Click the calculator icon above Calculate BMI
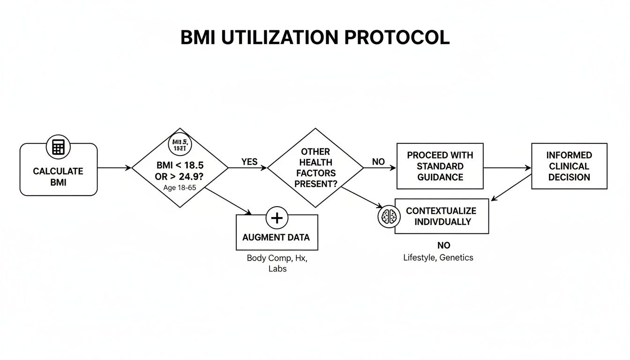tap(58, 147)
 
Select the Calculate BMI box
tap(58, 176)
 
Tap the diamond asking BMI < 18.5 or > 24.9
tap(180, 167)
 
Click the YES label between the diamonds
tap(249, 162)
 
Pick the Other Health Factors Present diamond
tap(315, 167)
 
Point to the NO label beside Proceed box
tap(378, 162)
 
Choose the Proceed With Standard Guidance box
tap(440, 166)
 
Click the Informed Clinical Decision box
tap(569, 166)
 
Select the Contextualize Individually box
tap(442, 216)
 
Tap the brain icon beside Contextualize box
tap(389, 217)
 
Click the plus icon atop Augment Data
tap(277, 218)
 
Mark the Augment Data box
tap(276, 237)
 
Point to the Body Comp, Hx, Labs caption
tap(277, 263)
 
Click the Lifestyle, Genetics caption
tap(438, 257)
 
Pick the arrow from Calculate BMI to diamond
tap(114, 167)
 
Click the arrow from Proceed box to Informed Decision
tap(507, 167)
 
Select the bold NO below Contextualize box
tap(443, 246)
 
